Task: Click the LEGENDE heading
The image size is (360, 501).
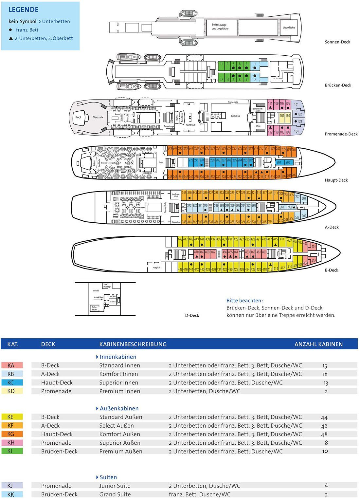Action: [x=23, y=10]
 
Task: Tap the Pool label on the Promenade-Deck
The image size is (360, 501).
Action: [x=78, y=117]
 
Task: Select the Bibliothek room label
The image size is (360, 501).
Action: [x=235, y=116]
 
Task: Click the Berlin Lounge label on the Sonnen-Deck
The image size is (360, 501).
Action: [x=219, y=25]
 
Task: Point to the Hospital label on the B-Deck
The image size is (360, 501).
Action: [x=156, y=268]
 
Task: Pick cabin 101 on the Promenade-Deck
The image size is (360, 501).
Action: [x=296, y=105]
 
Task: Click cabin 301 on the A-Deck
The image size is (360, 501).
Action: [x=304, y=198]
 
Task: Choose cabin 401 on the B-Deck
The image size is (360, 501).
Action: [x=314, y=247]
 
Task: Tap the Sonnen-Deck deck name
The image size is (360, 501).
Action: [x=337, y=42]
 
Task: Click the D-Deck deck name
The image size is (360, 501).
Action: [x=192, y=315]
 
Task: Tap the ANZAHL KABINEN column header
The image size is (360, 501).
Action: [x=318, y=344]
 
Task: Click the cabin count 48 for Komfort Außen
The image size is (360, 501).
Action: [x=324, y=434]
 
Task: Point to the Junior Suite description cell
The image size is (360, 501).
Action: [x=115, y=486]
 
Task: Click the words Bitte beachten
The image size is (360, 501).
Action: [x=244, y=301]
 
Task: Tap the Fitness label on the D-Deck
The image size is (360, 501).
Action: [x=96, y=290]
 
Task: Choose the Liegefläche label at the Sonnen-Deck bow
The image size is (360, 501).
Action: [x=289, y=28]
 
